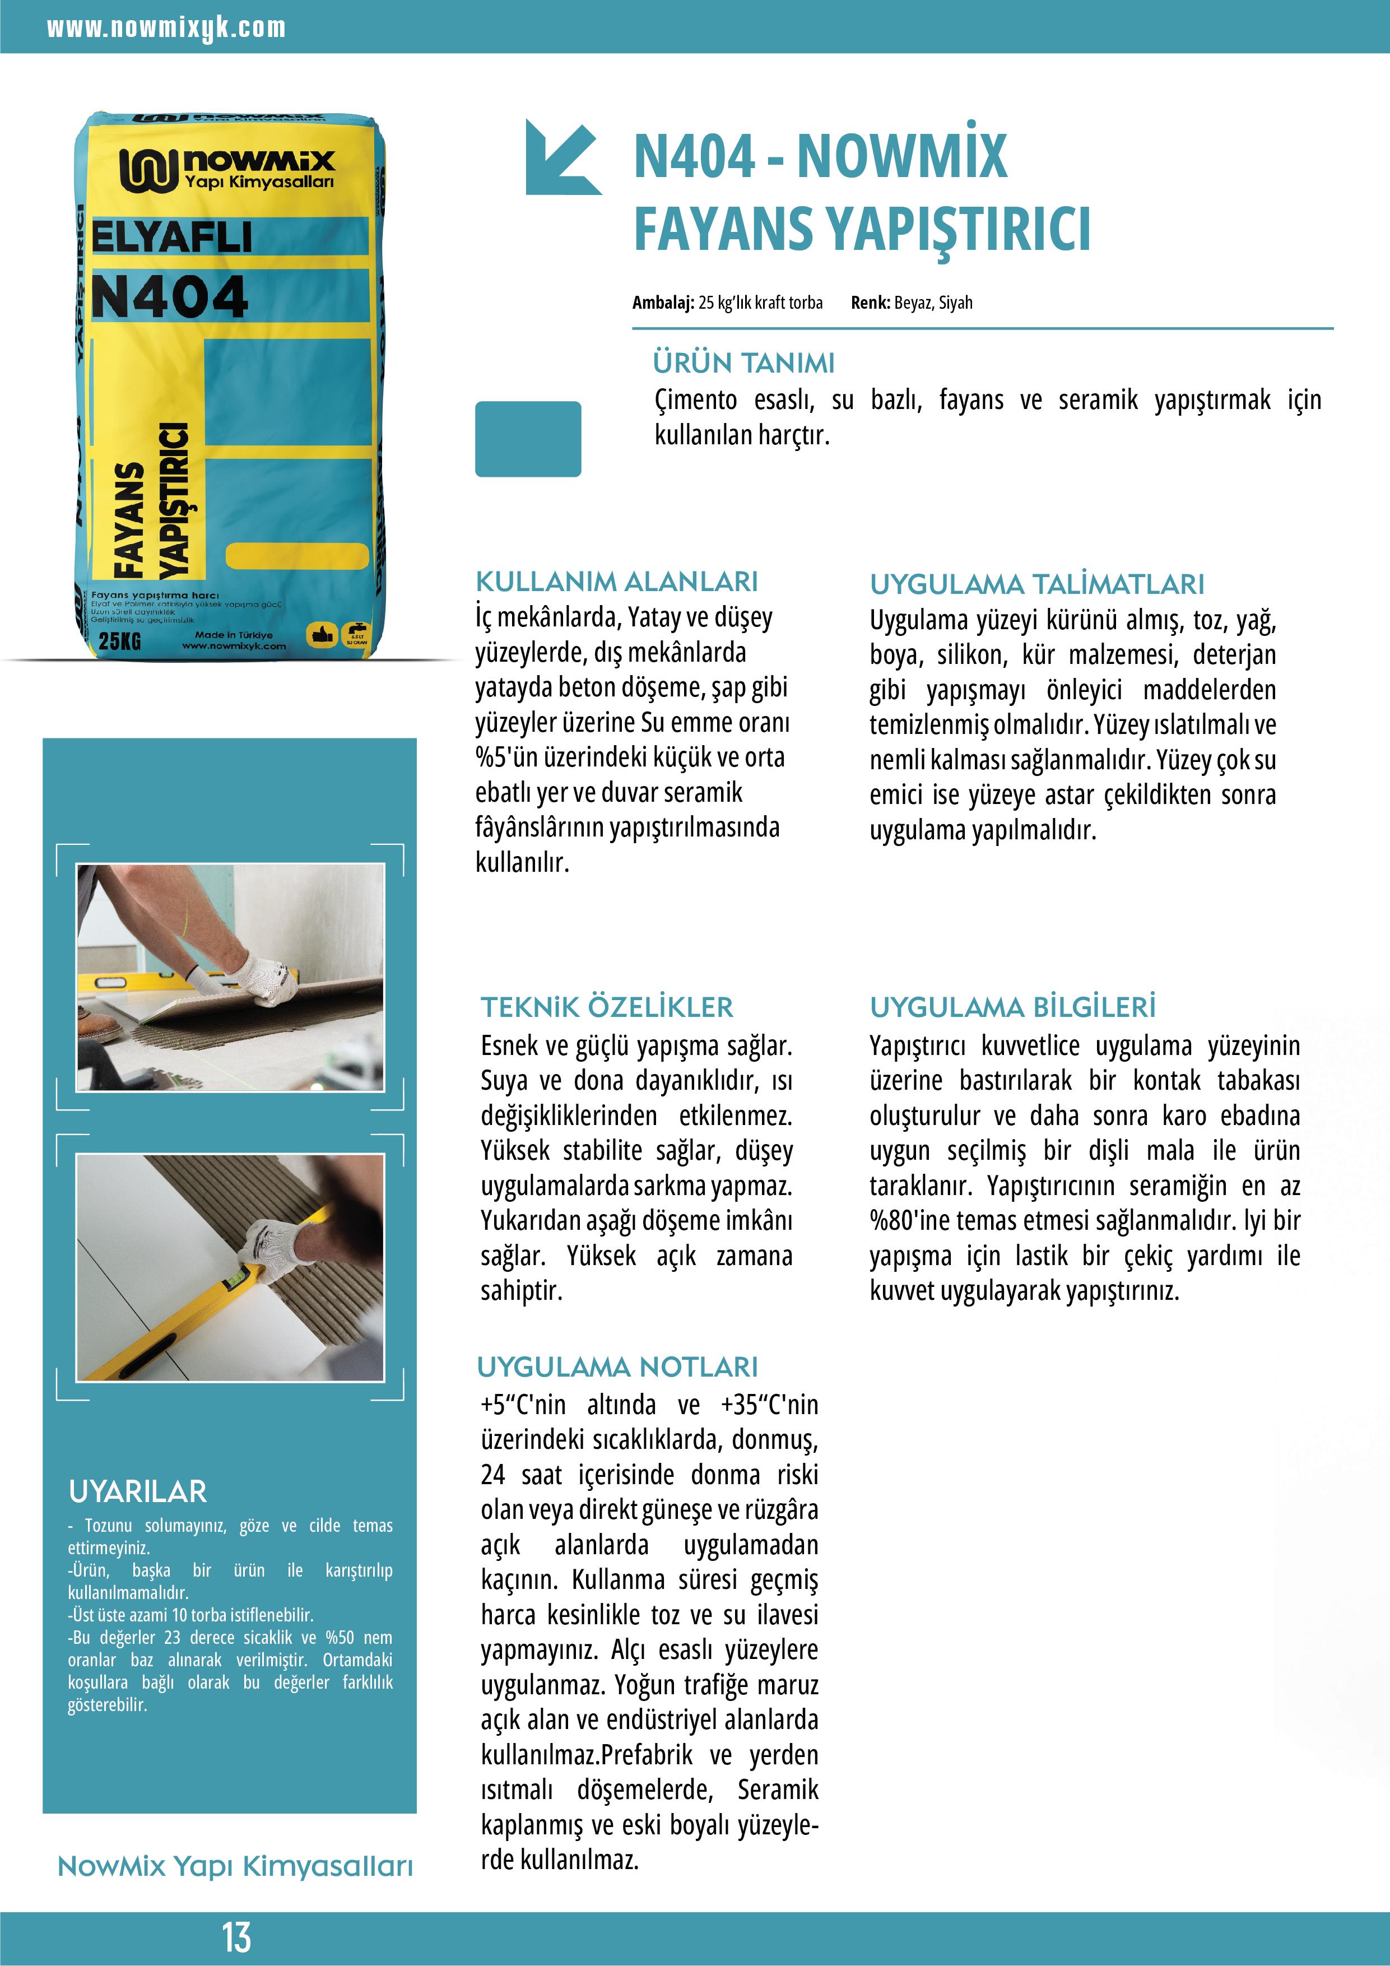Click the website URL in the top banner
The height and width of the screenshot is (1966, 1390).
click(166, 28)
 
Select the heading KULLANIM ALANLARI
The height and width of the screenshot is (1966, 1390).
click(617, 582)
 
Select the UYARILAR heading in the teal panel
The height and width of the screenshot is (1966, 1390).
click(138, 1491)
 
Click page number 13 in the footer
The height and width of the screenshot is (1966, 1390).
click(236, 1937)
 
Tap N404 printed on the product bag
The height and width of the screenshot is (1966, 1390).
click(170, 297)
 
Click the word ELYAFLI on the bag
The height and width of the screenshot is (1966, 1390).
click(171, 237)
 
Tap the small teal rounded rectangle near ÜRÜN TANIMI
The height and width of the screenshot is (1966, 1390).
click(528, 438)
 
